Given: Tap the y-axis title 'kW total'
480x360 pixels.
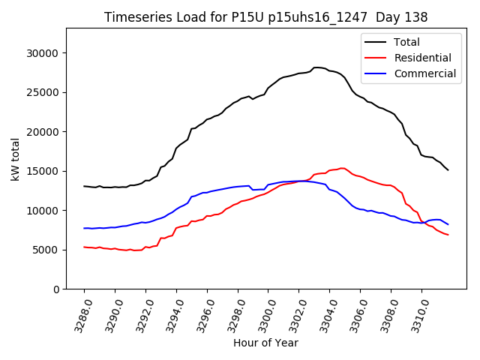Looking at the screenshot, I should point(15,158).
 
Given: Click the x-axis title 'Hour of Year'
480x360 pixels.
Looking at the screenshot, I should point(265,343).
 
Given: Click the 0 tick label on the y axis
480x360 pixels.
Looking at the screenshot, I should point(55,289).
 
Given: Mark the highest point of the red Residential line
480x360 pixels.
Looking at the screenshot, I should point(342,168).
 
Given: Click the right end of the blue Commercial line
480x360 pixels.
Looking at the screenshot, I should point(448,224).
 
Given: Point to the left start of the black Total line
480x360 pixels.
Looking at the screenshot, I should point(84,186).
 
